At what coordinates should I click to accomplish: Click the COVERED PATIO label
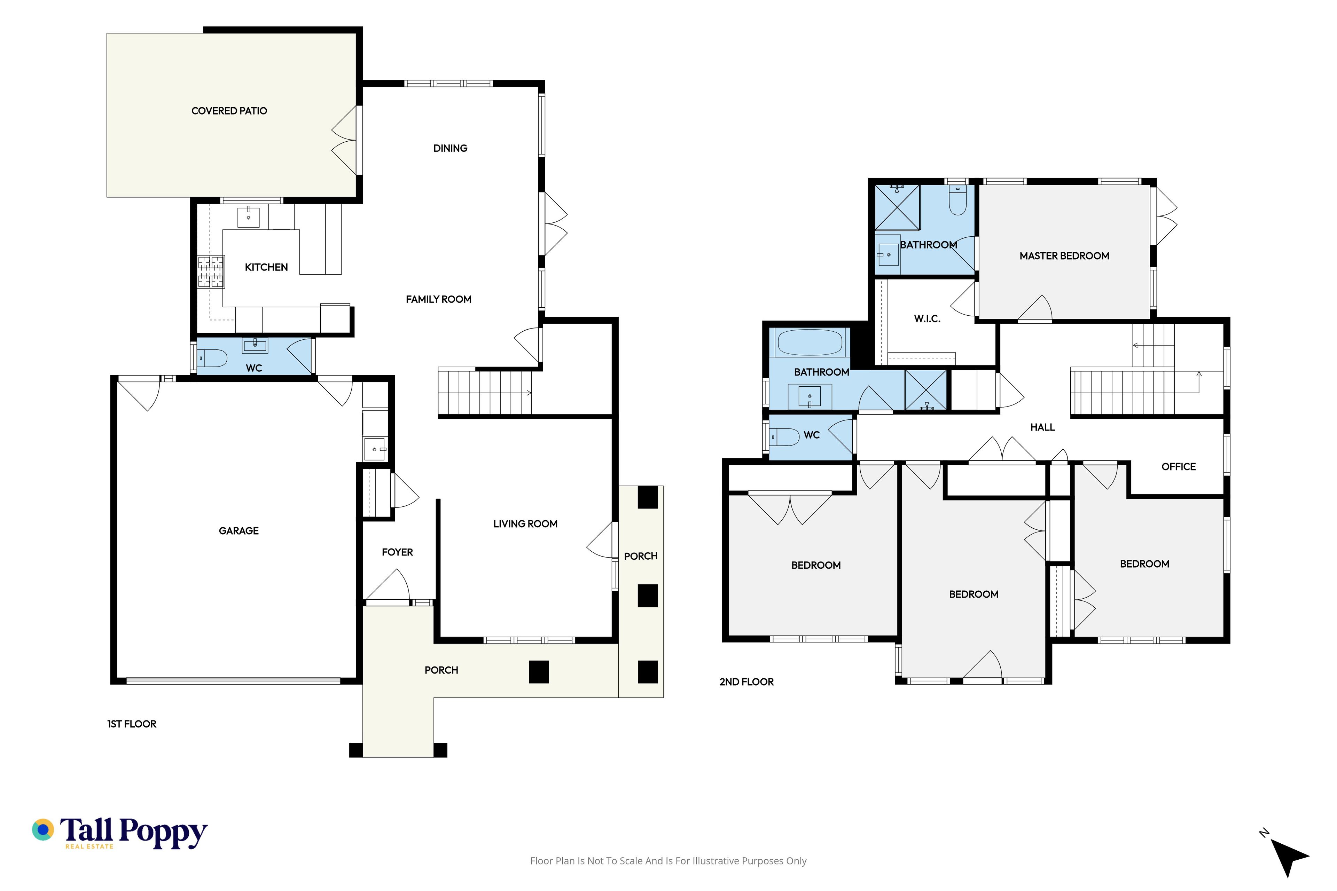coord(229,111)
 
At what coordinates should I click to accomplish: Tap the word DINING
coord(450,148)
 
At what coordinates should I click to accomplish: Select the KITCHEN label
coord(266,267)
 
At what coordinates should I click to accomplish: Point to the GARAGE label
coord(239,531)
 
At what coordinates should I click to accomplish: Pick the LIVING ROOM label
coord(525,524)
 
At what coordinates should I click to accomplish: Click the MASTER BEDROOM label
coord(1064,256)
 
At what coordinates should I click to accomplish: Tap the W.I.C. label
coord(927,319)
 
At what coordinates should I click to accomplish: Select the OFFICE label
coord(1178,466)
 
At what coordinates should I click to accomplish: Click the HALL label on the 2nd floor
coord(1042,427)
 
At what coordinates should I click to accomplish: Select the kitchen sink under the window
coord(248,216)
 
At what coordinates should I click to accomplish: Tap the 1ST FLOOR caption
coord(132,724)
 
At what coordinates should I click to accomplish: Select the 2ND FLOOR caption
coord(746,682)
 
